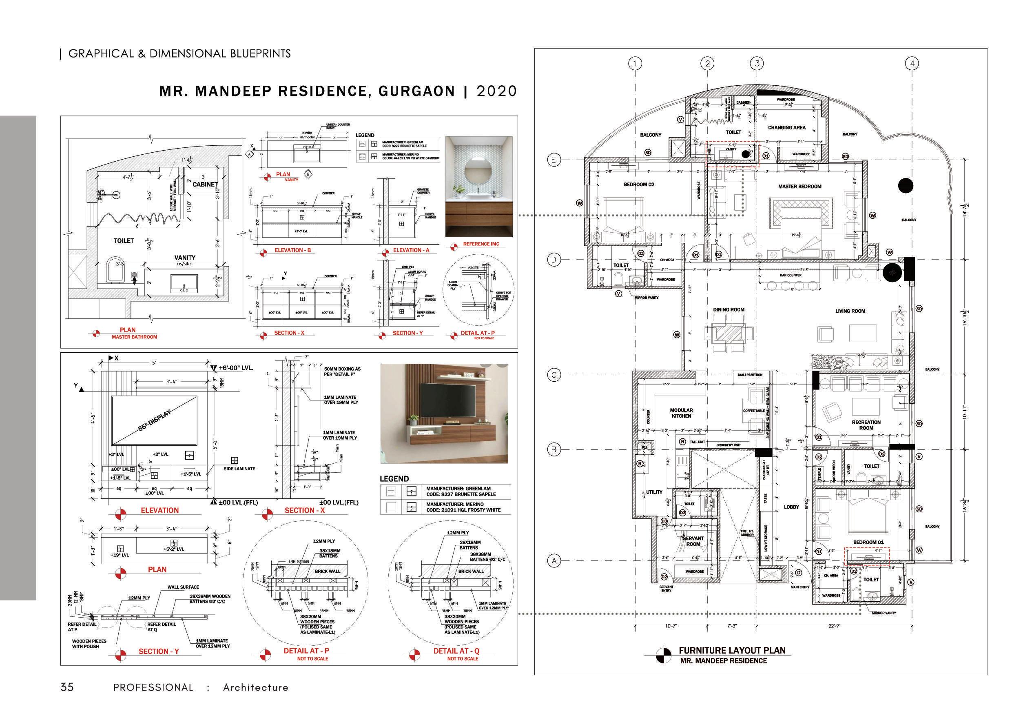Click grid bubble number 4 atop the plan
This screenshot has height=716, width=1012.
[912, 64]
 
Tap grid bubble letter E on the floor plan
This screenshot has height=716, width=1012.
[554, 160]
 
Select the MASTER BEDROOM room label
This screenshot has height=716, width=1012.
[799, 187]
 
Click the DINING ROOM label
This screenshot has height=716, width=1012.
[729, 310]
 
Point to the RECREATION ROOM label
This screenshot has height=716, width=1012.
[866, 425]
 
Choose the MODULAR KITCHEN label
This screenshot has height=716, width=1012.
[682, 413]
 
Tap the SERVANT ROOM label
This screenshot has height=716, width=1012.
[693, 541]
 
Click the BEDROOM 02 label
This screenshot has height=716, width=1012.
[639, 185]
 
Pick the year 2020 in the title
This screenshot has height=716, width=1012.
[497, 91]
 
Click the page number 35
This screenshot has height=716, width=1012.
[67, 687]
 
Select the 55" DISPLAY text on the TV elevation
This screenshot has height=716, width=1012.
[154, 422]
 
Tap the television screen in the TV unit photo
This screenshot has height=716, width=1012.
[445, 400]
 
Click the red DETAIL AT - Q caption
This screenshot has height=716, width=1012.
[456, 651]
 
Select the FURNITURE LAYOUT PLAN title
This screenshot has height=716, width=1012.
[732, 650]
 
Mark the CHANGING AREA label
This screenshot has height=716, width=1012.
[787, 127]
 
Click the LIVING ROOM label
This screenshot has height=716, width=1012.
[850, 311]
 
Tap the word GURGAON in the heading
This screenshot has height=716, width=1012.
[416, 91]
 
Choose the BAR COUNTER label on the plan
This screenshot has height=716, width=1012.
[791, 275]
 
